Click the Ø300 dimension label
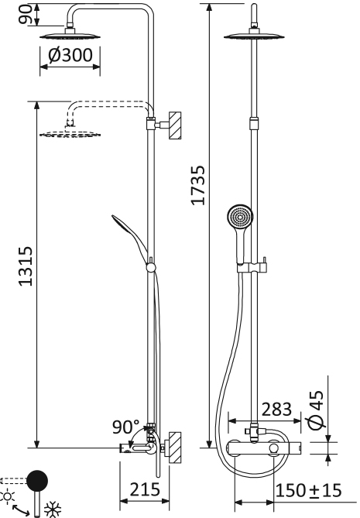pyautogui.click(x=70, y=56)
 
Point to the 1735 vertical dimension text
pyautogui.click(x=198, y=186)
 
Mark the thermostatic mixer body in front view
pyautogui.click(x=260, y=448)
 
